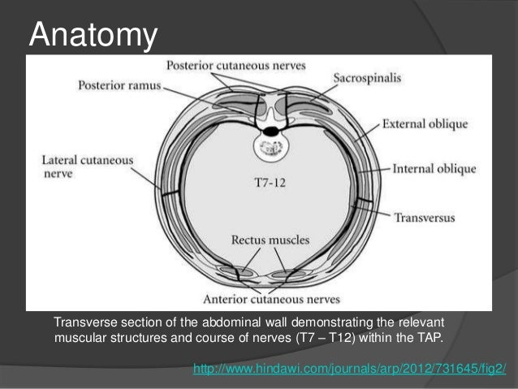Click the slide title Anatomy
(x=91, y=35)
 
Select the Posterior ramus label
(x=120, y=84)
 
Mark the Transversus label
(x=424, y=218)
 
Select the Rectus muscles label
(x=262, y=240)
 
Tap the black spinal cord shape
(x=270, y=129)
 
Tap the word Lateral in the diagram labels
(x=57, y=161)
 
